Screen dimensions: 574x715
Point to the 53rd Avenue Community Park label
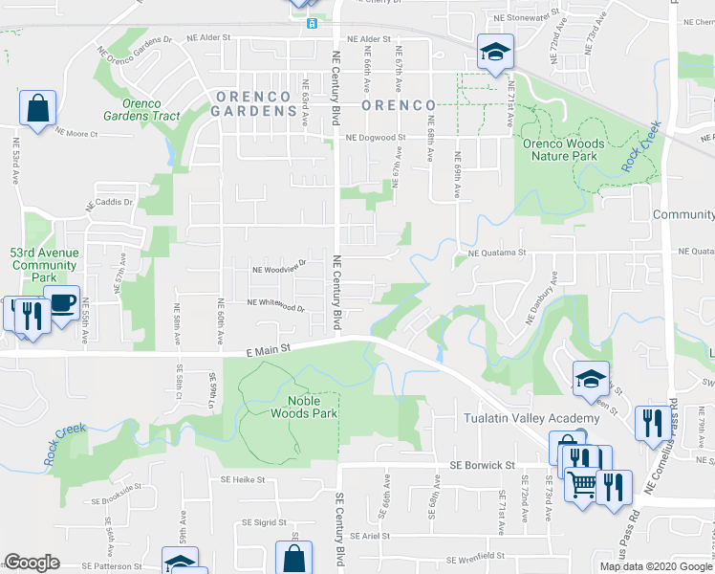click(x=43, y=265)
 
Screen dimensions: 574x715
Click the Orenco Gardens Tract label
click(x=151, y=110)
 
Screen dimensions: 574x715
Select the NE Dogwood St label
click(x=376, y=138)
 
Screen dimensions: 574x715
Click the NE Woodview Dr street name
click(x=278, y=269)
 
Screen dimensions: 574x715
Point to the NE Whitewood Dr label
click(x=275, y=305)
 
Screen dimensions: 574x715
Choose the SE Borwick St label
click(x=483, y=465)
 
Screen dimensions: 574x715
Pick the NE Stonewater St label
click(x=526, y=17)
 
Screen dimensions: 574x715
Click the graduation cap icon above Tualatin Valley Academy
click(x=591, y=379)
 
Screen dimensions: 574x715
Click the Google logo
click(x=32, y=563)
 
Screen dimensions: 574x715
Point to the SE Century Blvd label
click(x=338, y=526)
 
